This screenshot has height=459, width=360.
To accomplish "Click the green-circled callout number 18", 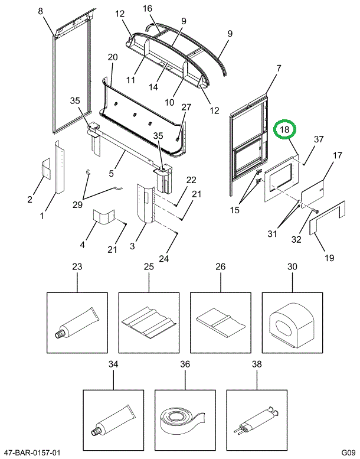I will [x=286, y=130].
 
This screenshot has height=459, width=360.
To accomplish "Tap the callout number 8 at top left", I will [x=40, y=11].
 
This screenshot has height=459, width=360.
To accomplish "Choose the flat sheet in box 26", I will [x=220, y=323].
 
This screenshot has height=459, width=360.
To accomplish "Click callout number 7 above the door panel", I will [x=279, y=69].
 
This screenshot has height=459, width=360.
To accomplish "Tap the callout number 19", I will [x=329, y=258].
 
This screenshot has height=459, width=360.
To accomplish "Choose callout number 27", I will [x=186, y=108].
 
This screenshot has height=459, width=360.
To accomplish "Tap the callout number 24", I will [x=163, y=258].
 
